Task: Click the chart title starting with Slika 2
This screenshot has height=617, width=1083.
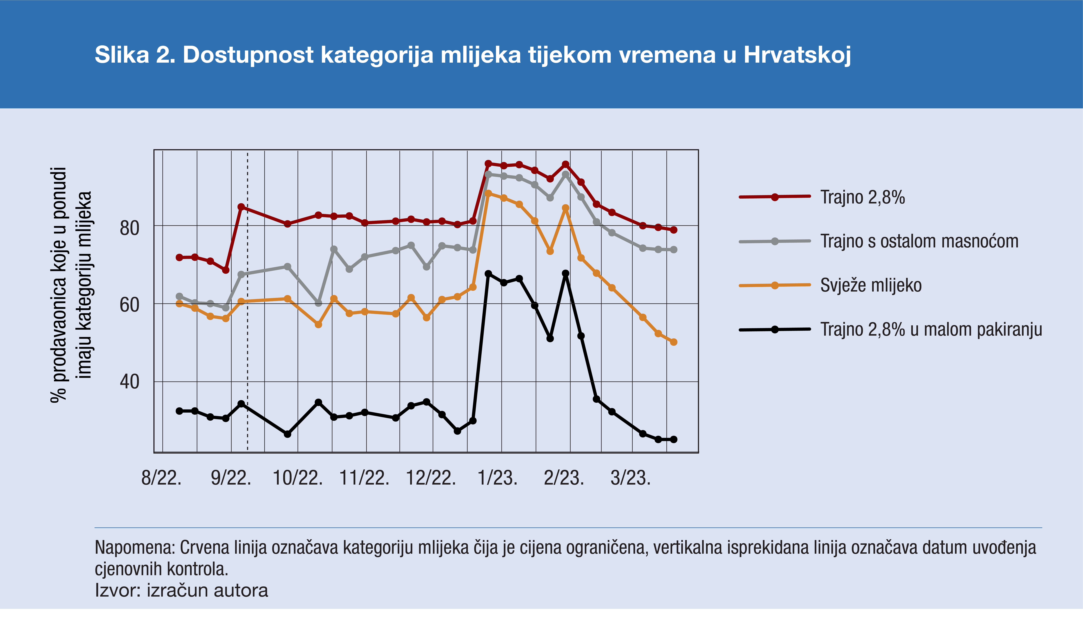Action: click(473, 55)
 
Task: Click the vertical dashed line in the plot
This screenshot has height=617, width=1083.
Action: click(248, 339)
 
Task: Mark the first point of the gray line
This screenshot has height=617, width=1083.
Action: click(179, 296)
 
